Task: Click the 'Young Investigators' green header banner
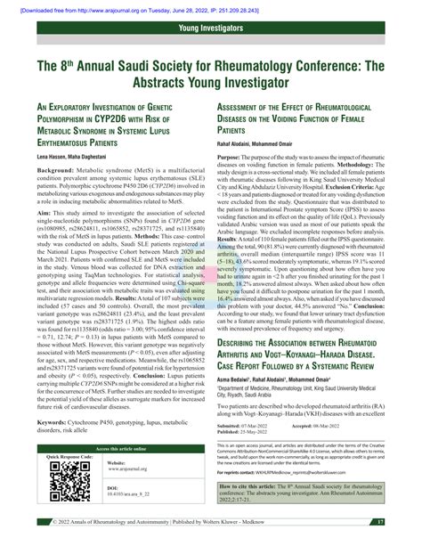tap(211, 29)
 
